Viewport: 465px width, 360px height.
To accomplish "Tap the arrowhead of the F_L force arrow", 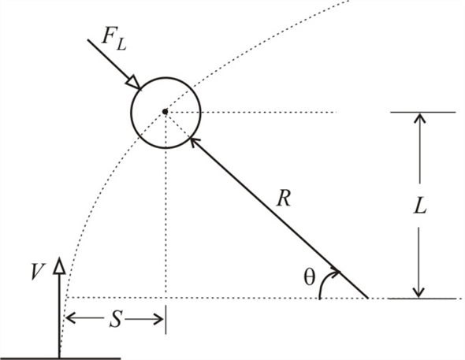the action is coord(135,83).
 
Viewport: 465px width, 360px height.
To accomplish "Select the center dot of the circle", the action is coord(165,112).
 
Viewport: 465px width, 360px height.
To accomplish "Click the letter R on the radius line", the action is coord(284,198).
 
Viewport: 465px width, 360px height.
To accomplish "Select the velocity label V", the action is coord(36,272).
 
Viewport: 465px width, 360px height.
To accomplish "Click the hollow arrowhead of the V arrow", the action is coord(59,268).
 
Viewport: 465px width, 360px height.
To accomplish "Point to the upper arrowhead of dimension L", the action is coord(419,119).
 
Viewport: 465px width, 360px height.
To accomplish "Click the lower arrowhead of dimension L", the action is coord(419,292).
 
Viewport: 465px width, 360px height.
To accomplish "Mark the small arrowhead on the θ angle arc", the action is coord(337,273).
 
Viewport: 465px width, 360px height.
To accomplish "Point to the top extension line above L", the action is coord(422,113).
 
